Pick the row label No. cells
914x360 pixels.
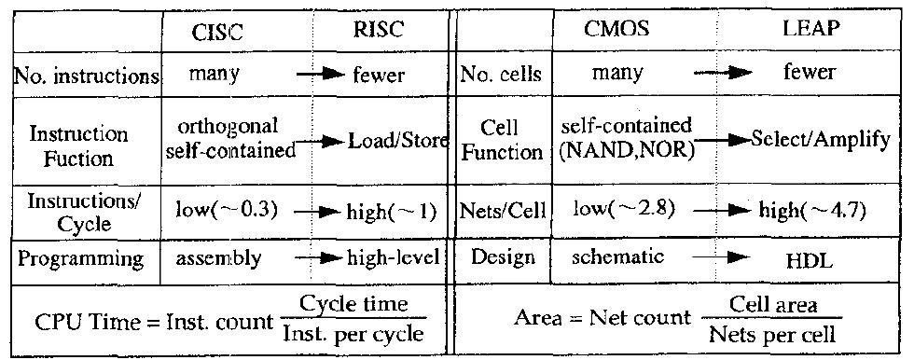pyautogui.click(x=502, y=74)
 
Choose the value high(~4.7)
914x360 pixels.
pyautogui.click(x=810, y=208)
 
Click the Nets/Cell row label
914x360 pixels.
pyautogui.click(x=502, y=208)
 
